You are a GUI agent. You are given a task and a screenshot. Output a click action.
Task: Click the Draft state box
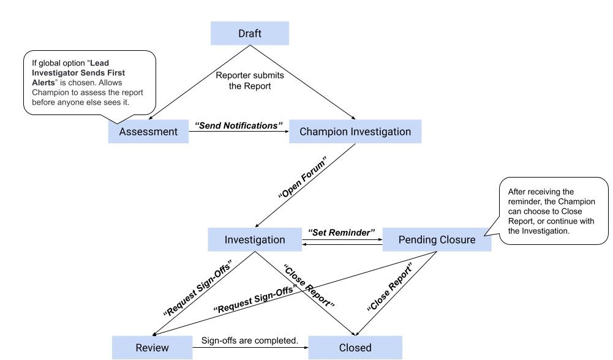[x=250, y=34]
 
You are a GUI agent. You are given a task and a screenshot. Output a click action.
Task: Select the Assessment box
[x=148, y=132]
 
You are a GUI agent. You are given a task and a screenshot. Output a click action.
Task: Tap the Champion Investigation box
[x=355, y=132]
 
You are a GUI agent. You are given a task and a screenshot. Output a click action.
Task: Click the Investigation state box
[x=254, y=240]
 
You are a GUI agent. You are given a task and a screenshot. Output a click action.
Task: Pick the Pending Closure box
[x=437, y=240]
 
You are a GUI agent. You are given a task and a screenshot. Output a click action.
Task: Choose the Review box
[x=152, y=347]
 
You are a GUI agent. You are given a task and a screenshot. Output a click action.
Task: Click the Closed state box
[x=355, y=347]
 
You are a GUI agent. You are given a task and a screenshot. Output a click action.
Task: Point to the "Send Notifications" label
[x=239, y=126]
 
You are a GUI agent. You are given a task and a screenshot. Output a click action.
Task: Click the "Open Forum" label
[x=303, y=178]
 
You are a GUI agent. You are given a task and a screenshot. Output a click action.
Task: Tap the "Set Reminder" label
[x=341, y=233]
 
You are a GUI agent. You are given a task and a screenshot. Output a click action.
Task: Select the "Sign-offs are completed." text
[x=250, y=340]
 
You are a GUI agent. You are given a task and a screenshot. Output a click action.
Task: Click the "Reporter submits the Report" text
[x=250, y=81]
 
